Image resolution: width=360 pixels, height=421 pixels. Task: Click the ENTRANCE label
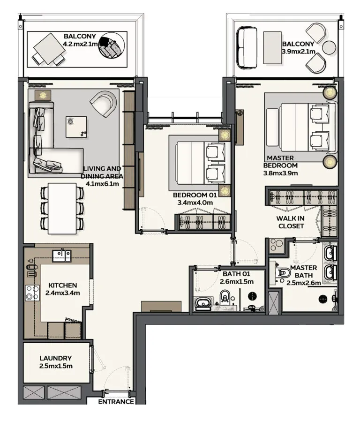click(x=116, y=402)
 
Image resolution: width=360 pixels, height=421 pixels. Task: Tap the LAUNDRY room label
click(x=56, y=358)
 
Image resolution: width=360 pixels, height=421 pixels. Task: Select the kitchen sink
click(x=62, y=256)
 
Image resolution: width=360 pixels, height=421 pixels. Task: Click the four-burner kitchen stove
click(x=32, y=293)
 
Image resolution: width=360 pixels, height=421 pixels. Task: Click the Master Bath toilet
click(x=283, y=273)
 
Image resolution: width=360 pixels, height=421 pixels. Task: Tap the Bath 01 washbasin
click(x=203, y=303)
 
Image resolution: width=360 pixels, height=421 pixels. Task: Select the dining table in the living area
click(x=62, y=208)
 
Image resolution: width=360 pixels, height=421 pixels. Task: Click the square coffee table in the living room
click(x=76, y=127)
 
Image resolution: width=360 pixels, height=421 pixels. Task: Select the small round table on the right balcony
click(x=329, y=48)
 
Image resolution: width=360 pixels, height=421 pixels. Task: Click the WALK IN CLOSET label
click(x=291, y=222)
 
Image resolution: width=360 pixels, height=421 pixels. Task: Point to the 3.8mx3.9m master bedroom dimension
click(x=280, y=173)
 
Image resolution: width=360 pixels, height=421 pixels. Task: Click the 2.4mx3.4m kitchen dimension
click(x=62, y=293)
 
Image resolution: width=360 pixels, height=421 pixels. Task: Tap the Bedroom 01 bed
click(x=201, y=163)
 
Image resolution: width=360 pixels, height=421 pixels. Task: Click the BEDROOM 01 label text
click(x=195, y=195)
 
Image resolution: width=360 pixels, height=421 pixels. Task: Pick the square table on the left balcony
click(x=49, y=49)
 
